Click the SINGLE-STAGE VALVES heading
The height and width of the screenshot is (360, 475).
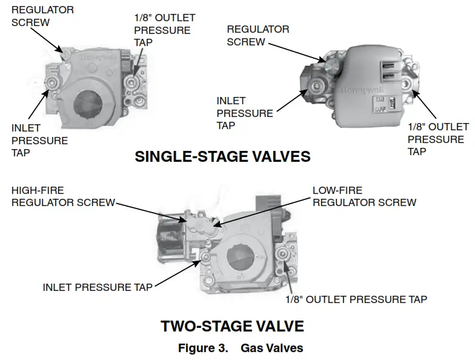[222, 156]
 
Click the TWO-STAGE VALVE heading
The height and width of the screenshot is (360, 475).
[232, 326]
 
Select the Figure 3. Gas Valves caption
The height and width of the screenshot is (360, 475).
[240, 348]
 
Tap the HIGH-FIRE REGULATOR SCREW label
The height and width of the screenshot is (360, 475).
[63, 196]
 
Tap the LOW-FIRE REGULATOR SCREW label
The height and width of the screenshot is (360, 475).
[364, 196]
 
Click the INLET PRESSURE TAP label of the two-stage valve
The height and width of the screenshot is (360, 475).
[98, 287]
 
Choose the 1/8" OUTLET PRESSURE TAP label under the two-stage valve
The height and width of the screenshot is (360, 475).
[356, 299]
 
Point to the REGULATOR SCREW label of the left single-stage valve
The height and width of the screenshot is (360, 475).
[42, 16]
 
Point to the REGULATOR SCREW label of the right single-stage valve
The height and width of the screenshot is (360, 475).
[258, 36]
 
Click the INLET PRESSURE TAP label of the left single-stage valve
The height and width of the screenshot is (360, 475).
[39, 140]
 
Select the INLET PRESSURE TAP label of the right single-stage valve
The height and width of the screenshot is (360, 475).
[245, 113]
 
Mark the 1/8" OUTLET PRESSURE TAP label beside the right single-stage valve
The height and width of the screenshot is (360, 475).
[437, 139]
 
